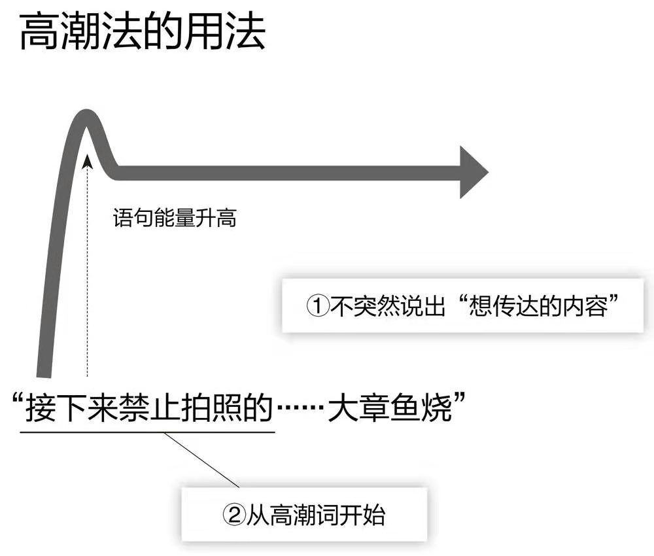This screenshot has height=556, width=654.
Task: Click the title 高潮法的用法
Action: [x=143, y=33]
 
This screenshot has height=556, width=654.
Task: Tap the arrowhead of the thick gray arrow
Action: [x=472, y=172]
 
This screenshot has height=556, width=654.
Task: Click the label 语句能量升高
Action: [x=175, y=218]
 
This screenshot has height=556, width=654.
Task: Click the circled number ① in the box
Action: [x=317, y=305]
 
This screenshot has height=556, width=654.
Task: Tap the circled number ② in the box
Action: [x=233, y=515]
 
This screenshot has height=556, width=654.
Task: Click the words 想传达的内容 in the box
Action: [x=539, y=305]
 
